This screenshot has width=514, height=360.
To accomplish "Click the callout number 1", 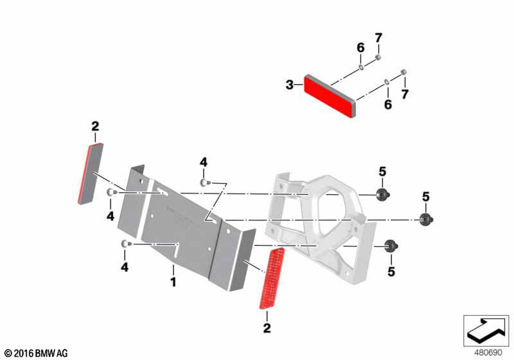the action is tap(173, 282).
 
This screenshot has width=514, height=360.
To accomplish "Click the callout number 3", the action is tap(290, 85).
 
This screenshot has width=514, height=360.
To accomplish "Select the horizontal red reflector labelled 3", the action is tap(330, 96).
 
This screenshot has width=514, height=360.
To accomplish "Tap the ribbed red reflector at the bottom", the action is tap(272, 278).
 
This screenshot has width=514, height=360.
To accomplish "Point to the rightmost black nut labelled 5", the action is tap(426, 219).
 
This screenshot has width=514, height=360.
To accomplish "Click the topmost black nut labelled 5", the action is tap(383, 195).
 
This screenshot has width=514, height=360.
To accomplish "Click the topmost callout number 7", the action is tap(378, 38).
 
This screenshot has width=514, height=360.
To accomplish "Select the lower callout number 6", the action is tap(388, 104).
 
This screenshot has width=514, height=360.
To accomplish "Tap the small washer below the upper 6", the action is tap(361, 67).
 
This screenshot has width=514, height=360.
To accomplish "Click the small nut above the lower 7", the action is tap(404, 72).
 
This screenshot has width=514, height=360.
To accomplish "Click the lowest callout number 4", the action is tap(125, 267).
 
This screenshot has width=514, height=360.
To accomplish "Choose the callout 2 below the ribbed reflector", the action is tap(267, 328).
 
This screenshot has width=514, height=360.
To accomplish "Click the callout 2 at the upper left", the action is tap(95, 126).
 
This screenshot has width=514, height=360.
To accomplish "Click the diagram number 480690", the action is tap(488, 353).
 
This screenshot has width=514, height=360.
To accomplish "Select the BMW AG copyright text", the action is tap(37, 354).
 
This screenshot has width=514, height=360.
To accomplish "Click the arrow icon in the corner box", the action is tap(486, 330).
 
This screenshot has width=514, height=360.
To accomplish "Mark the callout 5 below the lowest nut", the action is tap(391, 271).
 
